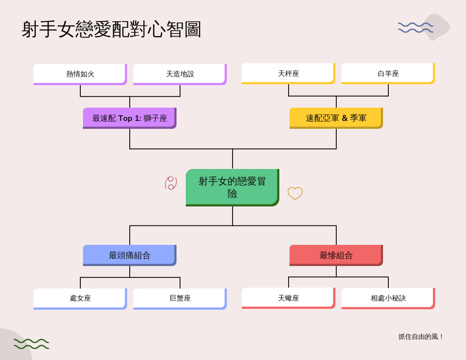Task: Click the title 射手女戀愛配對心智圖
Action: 111,30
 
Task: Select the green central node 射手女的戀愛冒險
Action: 232,187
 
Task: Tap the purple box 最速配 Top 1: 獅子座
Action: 129,118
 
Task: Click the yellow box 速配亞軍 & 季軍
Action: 336,118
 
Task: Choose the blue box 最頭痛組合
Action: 129,255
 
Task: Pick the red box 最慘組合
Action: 336,255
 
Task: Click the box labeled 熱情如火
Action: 80,74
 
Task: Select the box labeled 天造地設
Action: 180,74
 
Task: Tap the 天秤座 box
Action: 288,74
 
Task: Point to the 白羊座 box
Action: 388,74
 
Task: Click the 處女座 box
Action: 80,299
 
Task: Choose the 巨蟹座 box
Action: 180,299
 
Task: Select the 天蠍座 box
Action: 288,298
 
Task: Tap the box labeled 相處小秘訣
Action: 388,298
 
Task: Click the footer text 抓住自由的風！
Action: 421,337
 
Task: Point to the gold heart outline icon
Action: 295,193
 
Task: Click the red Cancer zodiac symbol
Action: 171,183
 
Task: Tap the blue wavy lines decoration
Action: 415,27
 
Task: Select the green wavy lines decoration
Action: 31,344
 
